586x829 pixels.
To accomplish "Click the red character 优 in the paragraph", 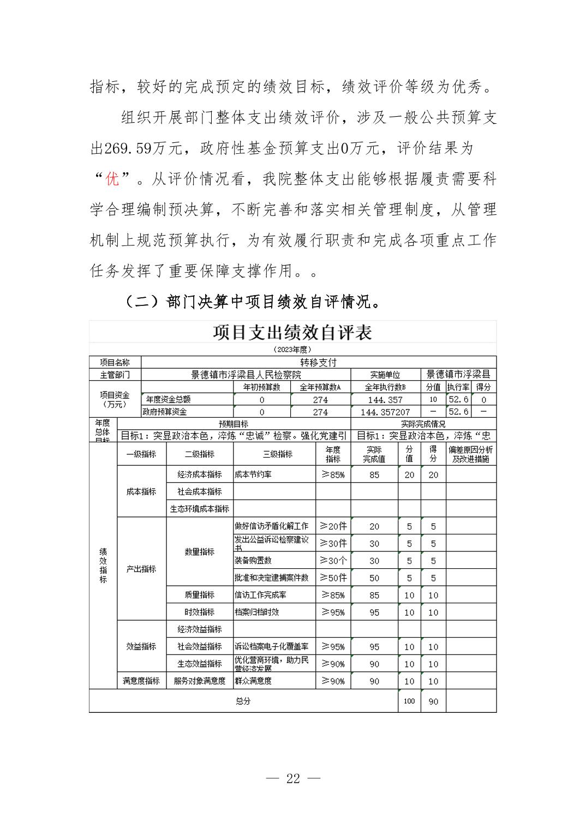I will point(112,178).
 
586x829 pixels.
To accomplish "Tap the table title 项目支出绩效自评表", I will point(292,332).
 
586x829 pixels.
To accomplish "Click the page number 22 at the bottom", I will point(293,778).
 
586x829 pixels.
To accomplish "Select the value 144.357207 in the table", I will point(385,412).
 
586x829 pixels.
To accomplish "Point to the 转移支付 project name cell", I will point(319,362).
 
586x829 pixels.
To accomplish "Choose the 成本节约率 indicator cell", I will point(253,474).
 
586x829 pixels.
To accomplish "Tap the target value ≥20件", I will point(333,526).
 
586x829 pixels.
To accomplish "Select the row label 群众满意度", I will point(253,681).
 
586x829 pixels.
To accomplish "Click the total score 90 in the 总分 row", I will point(433,701).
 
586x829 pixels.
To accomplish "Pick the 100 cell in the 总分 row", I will point(409,701).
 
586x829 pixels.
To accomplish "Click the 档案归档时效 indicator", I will point(257,612).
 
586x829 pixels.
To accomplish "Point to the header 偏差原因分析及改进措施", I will point(471,454).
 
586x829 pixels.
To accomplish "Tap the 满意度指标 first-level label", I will point(141,681).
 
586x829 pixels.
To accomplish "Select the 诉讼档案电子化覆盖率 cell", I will point(272,646).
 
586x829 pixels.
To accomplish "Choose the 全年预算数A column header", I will point(320,387).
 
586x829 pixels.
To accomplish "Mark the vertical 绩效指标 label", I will point(103,566).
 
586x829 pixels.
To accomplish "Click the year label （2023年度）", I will point(292,350).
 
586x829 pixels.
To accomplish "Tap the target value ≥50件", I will point(333,578).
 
